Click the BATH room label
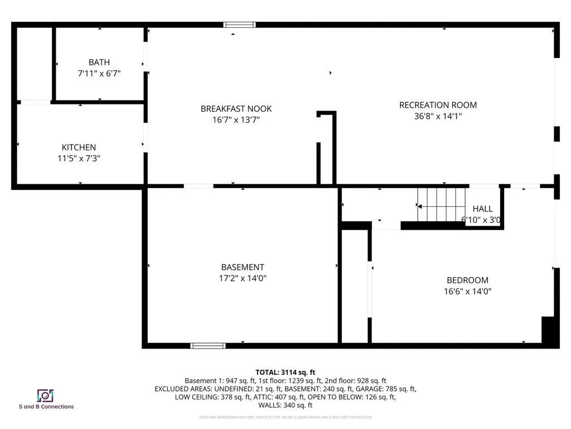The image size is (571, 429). pyautogui.click(x=99, y=63)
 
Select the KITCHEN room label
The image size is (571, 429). pyautogui.click(x=79, y=147)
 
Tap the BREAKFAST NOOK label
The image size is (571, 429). pyautogui.click(x=236, y=109)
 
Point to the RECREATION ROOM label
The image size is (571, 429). pyautogui.click(x=438, y=105)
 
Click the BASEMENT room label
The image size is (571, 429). pyautogui.click(x=243, y=268)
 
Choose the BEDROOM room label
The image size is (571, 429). pyautogui.click(x=467, y=280)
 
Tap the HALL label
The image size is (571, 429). pyautogui.click(x=482, y=209)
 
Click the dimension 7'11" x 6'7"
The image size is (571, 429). pyautogui.click(x=99, y=73)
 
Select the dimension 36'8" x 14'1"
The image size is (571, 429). pyautogui.click(x=438, y=116)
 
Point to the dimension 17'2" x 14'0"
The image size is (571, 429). pyautogui.click(x=243, y=278)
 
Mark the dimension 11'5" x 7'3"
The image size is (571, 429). pyautogui.click(x=79, y=158)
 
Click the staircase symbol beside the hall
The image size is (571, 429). pyautogui.click(x=442, y=204)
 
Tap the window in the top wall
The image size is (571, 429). pyautogui.click(x=239, y=25)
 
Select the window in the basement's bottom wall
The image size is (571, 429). pyautogui.click(x=208, y=346)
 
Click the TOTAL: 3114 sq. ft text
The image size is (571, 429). pyautogui.click(x=285, y=372)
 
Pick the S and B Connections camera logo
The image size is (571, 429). pyautogui.click(x=45, y=395)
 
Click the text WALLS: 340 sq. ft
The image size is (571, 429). pyautogui.click(x=285, y=406)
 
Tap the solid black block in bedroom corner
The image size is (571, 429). pyautogui.click(x=550, y=332)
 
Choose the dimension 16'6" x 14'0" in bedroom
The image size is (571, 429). pyautogui.click(x=467, y=291)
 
